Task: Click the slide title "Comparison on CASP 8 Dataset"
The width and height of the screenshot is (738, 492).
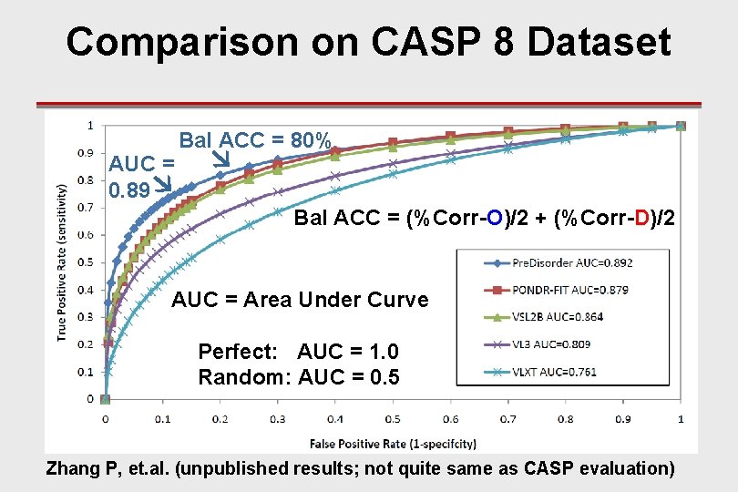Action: [368, 42]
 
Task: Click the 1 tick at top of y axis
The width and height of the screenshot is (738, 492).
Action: [88, 125]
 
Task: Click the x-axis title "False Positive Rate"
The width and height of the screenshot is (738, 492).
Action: [393, 443]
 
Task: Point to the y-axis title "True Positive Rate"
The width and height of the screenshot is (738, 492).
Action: [62, 262]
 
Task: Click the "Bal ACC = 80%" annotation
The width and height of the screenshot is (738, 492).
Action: [255, 140]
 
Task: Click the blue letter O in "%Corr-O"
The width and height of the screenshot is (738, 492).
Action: [493, 219]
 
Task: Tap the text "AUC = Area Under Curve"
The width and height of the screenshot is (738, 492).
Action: [300, 300]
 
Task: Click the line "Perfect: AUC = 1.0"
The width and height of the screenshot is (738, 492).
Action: [298, 352]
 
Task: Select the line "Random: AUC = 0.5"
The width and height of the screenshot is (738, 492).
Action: [298, 376]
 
